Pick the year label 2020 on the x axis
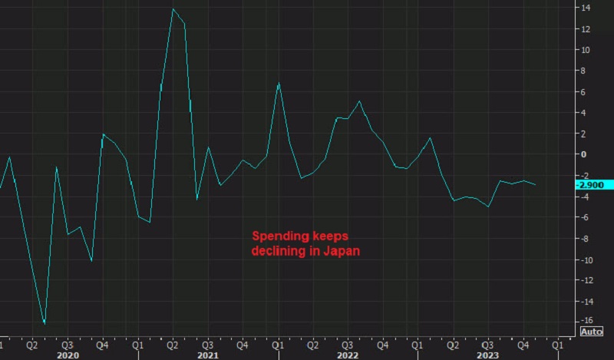pos(68,355)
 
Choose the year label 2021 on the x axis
pos(206,355)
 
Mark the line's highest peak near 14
pos(173,8)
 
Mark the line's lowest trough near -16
pos(45,324)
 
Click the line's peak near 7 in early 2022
pos(279,82)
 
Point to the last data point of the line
pos(536,185)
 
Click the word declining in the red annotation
pos(279,250)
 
